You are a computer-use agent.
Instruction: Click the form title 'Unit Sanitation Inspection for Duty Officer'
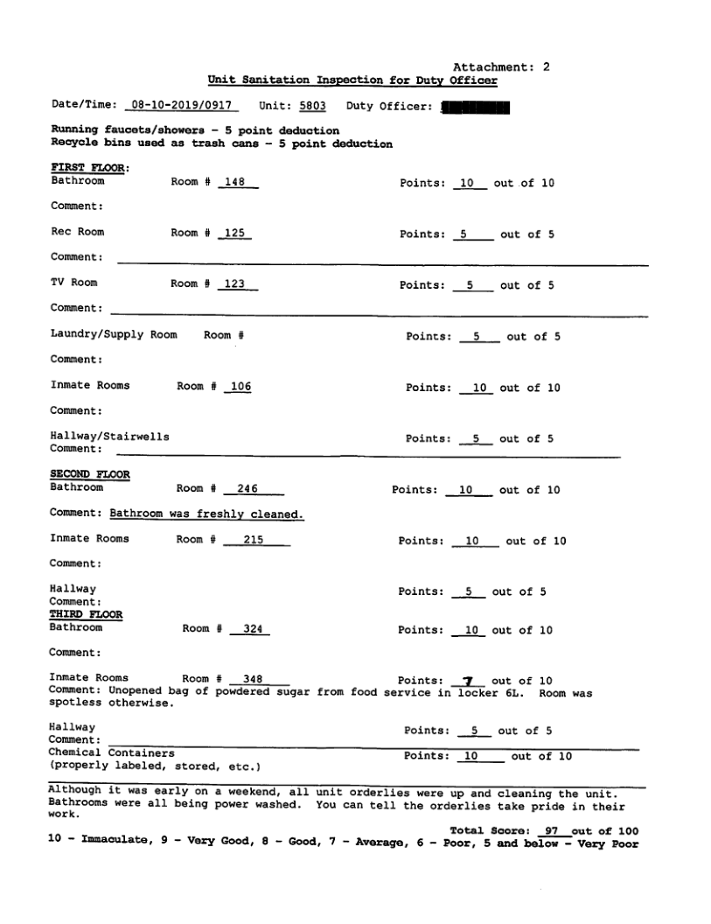352,80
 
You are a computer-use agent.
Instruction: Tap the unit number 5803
312,106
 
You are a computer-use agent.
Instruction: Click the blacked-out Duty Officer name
477,108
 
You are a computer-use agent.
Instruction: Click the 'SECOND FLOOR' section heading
90,474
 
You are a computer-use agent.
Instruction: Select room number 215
254,540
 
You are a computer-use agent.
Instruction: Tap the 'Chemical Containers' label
111,752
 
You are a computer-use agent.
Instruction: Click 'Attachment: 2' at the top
501,66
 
